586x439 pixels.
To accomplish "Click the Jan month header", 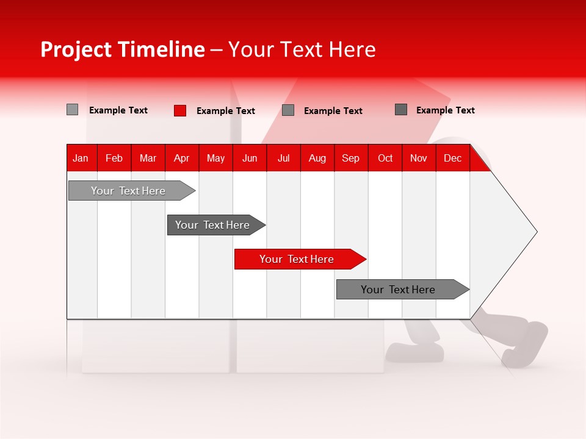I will point(81,158).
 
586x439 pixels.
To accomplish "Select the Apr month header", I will point(182,158).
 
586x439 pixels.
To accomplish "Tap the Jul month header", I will point(283,158).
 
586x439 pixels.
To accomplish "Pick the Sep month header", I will point(351,158).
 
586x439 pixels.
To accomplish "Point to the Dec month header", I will point(452,158).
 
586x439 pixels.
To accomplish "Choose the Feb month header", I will point(114,158).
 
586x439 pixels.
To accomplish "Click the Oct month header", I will point(385,158).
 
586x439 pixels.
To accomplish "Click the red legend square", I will point(180,110).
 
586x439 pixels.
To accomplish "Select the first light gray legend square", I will point(73,110).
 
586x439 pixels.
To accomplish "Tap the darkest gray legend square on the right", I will point(401,110).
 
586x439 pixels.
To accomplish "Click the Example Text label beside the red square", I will point(225,111).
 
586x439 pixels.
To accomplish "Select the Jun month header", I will point(250,158).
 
